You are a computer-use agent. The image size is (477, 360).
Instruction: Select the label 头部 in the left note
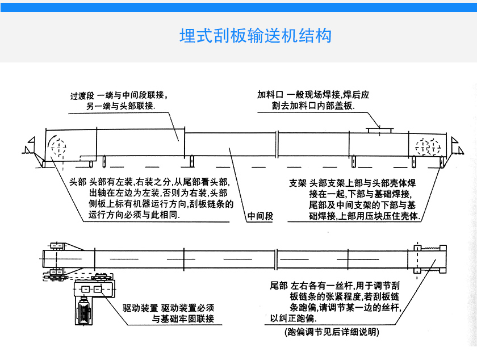tap(77, 183)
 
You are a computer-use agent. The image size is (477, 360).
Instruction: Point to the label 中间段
tap(261, 216)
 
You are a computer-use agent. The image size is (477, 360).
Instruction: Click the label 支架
tap(298, 183)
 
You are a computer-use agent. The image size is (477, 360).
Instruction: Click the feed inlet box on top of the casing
tap(379, 131)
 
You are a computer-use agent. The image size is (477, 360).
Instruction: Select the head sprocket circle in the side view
tap(57, 148)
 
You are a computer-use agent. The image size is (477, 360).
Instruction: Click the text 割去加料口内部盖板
tap(313, 107)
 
